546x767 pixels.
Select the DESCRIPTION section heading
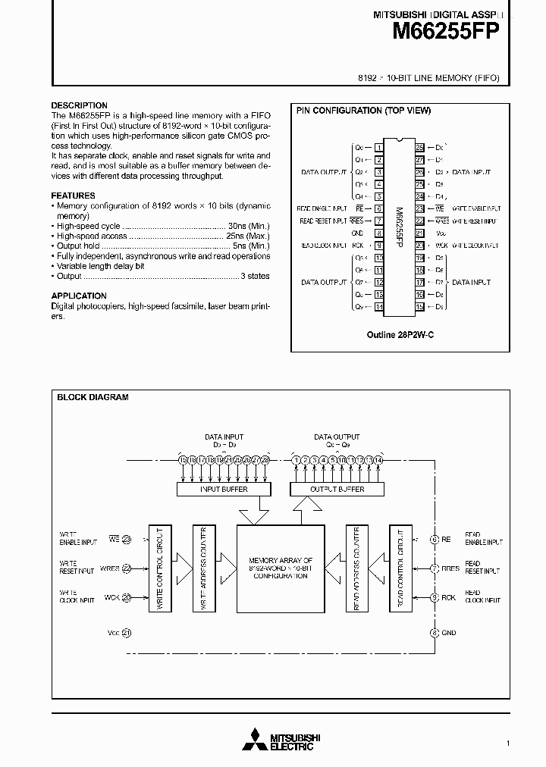point(79,105)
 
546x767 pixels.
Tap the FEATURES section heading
point(73,196)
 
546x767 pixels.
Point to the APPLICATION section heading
point(79,296)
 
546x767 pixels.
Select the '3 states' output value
point(256,277)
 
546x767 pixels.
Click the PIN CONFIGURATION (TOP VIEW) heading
point(363,111)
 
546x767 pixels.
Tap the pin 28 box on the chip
point(419,147)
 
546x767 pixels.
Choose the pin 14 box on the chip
point(378,306)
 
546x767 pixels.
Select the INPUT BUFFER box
point(223,489)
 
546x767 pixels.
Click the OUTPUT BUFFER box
point(337,489)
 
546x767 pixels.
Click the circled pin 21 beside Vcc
point(127,632)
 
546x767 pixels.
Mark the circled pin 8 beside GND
point(434,632)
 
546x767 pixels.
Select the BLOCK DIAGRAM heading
point(93,397)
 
